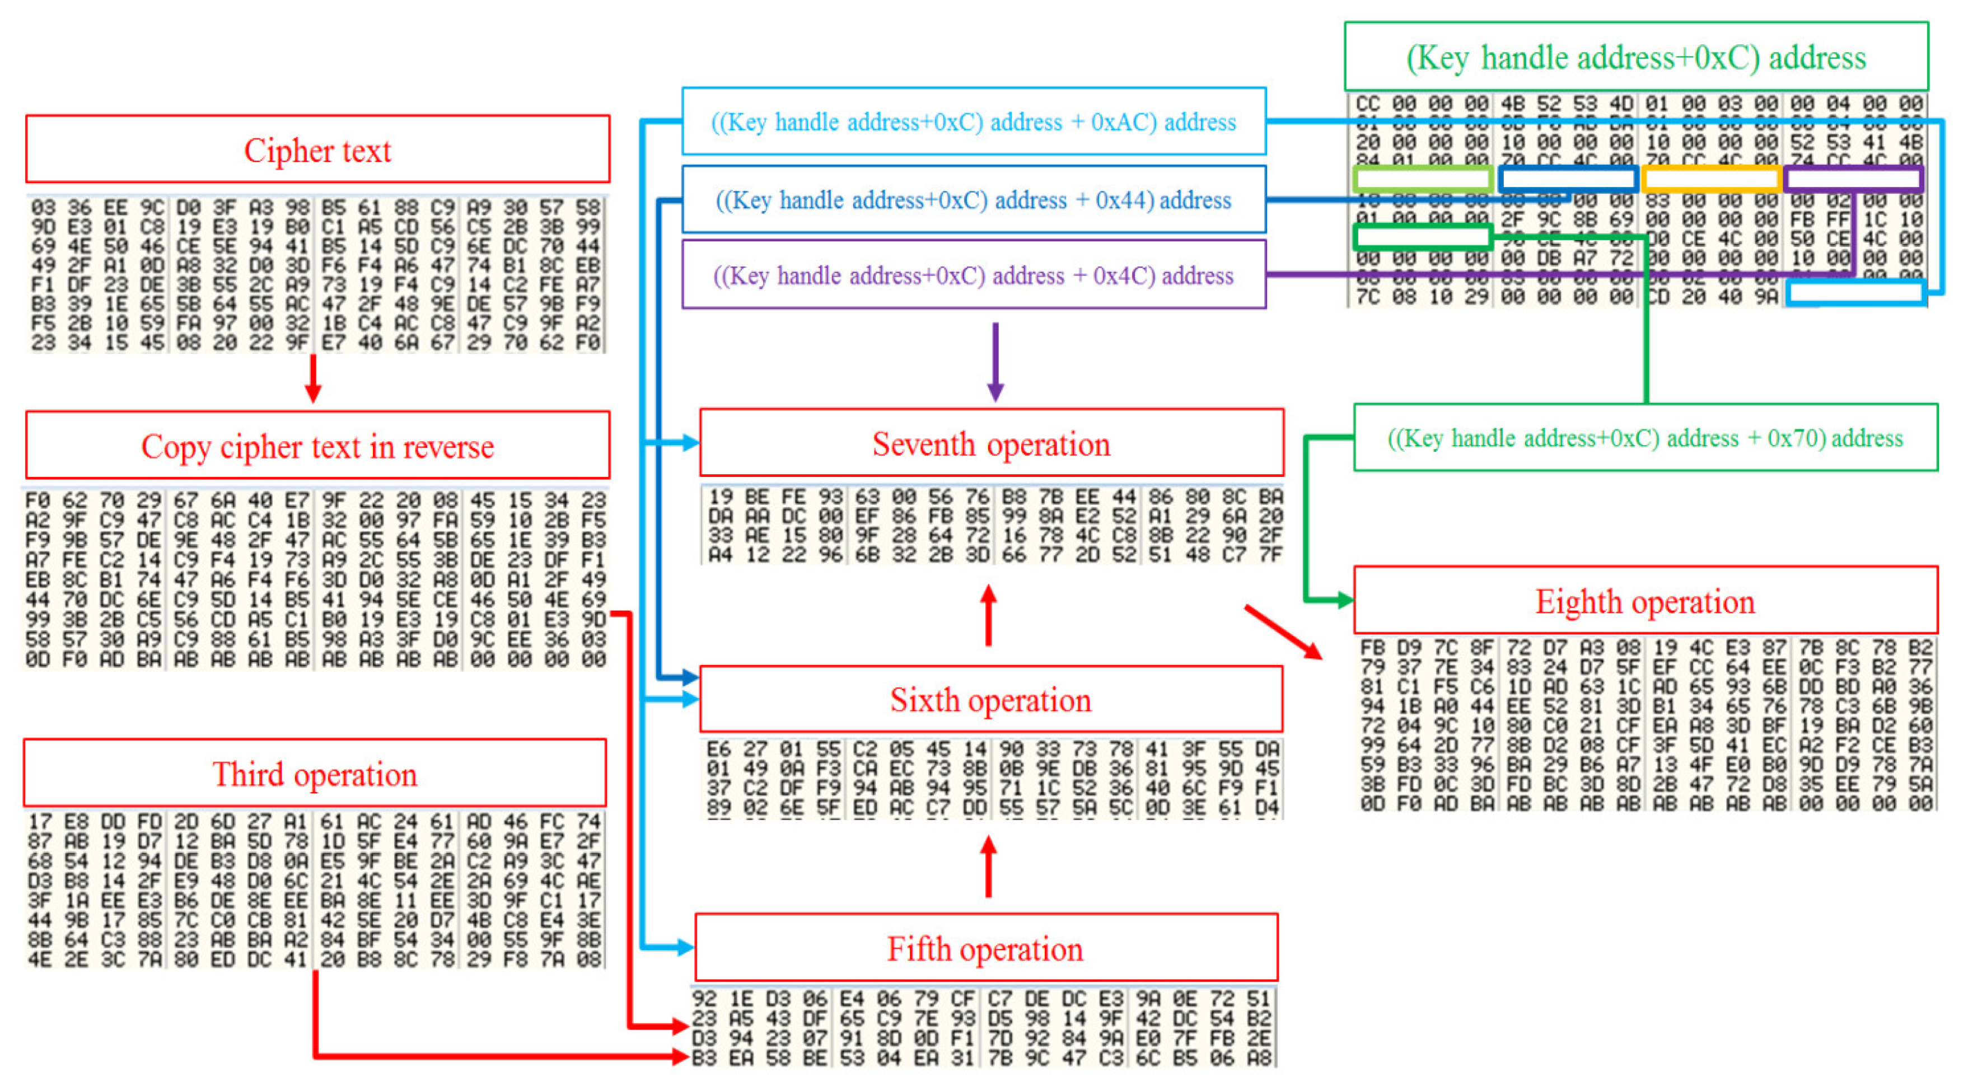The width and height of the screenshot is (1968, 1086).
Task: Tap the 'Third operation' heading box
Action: (315, 774)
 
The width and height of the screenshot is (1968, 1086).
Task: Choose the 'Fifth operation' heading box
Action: (985, 948)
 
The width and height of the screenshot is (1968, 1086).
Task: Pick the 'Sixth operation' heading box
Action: (991, 700)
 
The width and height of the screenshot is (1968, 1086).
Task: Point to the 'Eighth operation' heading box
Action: (1645, 601)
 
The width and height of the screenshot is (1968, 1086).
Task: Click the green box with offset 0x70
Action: (1645, 438)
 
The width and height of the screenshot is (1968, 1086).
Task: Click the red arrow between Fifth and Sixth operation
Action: (989, 867)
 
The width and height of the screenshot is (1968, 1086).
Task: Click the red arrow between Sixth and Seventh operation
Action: (989, 616)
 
